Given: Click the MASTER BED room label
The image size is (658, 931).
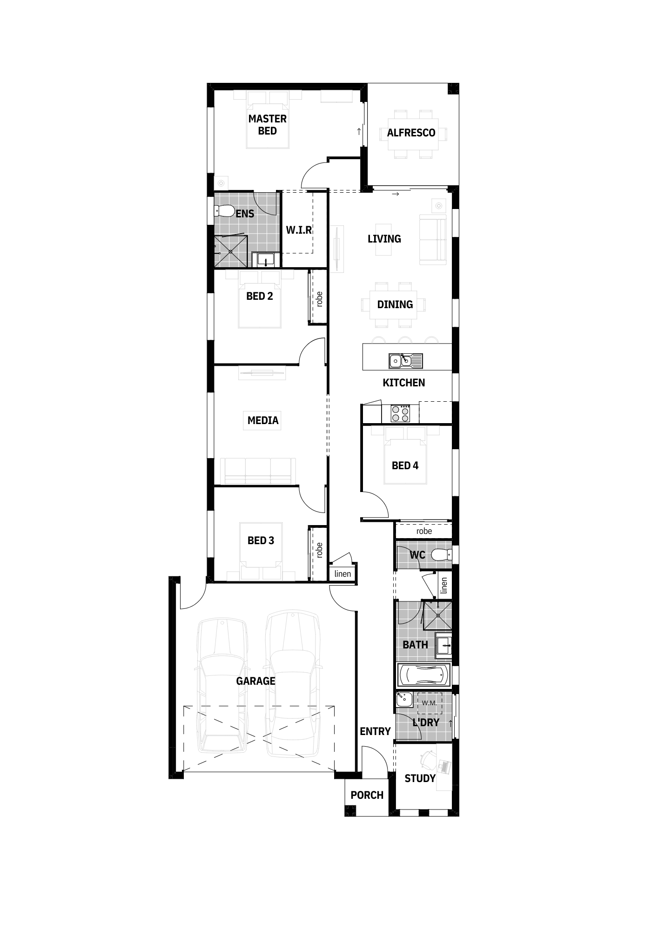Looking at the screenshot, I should (267, 125).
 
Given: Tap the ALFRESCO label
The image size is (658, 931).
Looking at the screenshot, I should (411, 133).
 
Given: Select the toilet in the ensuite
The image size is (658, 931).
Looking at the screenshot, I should (224, 211).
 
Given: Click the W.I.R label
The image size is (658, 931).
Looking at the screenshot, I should (298, 230).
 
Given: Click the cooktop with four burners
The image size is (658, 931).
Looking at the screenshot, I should (400, 413).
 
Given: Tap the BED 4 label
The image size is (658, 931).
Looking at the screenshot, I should (405, 465).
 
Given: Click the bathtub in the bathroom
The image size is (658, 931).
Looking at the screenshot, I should (423, 675).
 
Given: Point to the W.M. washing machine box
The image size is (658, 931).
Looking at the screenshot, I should (429, 703).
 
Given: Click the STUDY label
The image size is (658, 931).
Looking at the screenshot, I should (420, 779).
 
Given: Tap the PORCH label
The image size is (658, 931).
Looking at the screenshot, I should (367, 795).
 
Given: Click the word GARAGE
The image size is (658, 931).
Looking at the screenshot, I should (255, 681).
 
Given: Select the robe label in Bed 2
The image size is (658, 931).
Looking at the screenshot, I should (319, 299).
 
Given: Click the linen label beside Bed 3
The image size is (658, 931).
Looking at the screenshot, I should (342, 574).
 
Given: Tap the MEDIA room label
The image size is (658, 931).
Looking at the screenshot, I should (263, 420).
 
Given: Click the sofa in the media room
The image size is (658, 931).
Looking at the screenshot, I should (257, 471).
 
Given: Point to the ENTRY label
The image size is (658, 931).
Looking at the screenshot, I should (375, 731).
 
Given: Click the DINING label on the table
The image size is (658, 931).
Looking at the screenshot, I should (395, 304).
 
